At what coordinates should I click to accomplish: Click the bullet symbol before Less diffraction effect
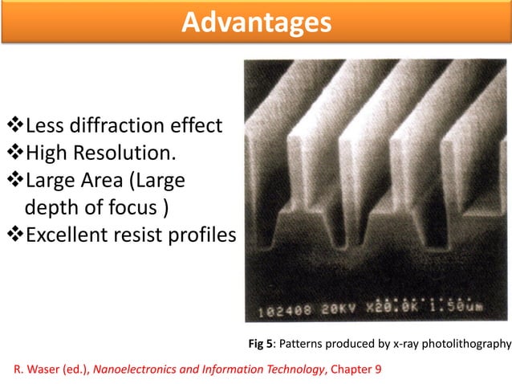(15, 125)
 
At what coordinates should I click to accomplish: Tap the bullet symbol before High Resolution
(15, 153)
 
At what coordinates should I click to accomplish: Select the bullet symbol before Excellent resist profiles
(15, 235)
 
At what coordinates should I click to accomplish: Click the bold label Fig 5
(262, 345)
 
